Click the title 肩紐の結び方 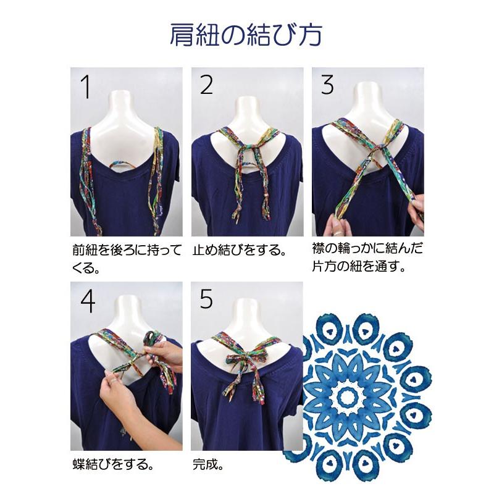(x=246, y=35)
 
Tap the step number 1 (x=86, y=86)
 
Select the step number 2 (x=206, y=85)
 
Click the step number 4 (x=88, y=301)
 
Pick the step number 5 (x=206, y=299)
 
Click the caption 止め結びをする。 (x=240, y=250)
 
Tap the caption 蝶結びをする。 (x=114, y=464)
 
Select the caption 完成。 (x=208, y=464)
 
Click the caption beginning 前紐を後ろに (x=127, y=258)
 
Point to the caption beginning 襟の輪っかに (x=367, y=257)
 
